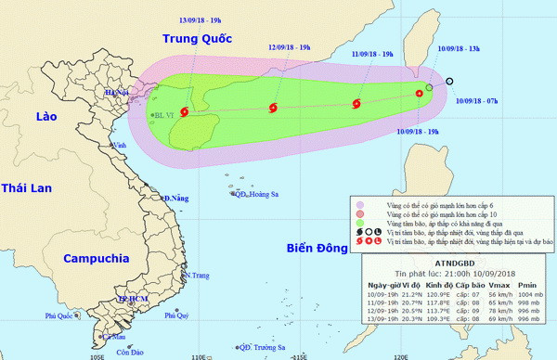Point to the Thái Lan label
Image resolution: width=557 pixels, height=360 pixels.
[x=29, y=188]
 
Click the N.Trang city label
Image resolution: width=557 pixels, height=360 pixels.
[x=200, y=276]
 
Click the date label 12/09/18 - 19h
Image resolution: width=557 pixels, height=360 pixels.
[x=290, y=45]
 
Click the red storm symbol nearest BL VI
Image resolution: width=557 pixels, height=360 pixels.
[x=183, y=113]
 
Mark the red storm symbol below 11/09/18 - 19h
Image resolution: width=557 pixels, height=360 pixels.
[x=356, y=104]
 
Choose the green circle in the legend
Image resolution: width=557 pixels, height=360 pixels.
[x=360, y=224]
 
